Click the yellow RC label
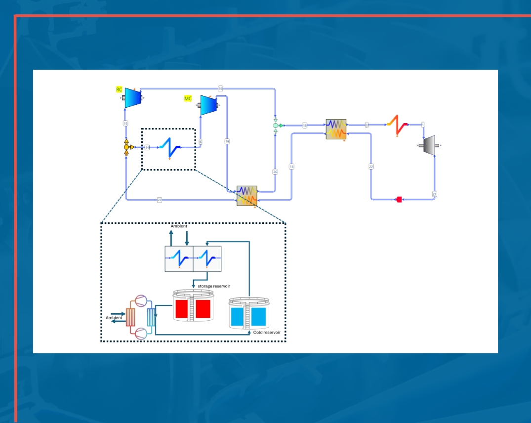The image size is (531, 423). (x=119, y=89)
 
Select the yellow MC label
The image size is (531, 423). (x=188, y=99)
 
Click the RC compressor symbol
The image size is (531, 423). (x=132, y=98)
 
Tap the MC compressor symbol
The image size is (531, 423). (x=208, y=104)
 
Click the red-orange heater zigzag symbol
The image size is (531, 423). (x=397, y=125)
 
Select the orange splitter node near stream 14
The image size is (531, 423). (x=127, y=147)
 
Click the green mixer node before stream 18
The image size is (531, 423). (x=276, y=126)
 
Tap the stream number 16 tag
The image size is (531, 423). (x=220, y=88)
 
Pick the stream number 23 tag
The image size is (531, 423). (x=160, y=200)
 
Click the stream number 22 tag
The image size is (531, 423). (x=371, y=167)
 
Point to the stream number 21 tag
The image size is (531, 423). (x=435, y=194)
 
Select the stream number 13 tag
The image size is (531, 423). (x=291, y=167)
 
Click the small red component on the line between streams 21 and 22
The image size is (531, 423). (x=399, y=200)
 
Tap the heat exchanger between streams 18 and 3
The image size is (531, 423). (x=336, y=129)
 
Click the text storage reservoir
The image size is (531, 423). (x=214, y=286)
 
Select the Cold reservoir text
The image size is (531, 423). (x=267, y=333)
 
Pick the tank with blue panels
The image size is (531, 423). (x=250, y=314)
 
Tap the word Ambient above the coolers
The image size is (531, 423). (x=179, y=226)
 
